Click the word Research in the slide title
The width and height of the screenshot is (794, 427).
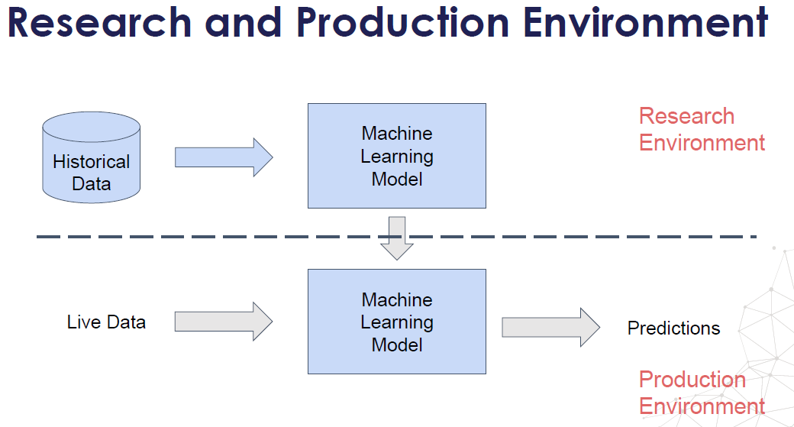coord(98,22)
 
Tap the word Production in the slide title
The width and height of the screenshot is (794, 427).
coord(402,22)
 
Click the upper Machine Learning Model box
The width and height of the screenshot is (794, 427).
coord(396,156)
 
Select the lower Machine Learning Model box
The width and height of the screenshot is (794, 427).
coord(396,322)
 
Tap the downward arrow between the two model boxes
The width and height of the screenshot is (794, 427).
coord(396,238)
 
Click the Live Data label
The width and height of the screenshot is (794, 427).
coord(106,322)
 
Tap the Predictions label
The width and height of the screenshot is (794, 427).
coord(673,328)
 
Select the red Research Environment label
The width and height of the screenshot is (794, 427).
coord(701,129)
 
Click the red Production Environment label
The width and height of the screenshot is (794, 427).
coord(701,393)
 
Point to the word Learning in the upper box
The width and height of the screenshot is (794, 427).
coord(397,157)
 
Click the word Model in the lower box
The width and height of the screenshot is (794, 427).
coord(397,345)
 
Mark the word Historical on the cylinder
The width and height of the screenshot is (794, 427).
coord(92,162)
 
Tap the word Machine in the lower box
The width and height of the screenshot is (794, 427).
coord(397,299)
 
